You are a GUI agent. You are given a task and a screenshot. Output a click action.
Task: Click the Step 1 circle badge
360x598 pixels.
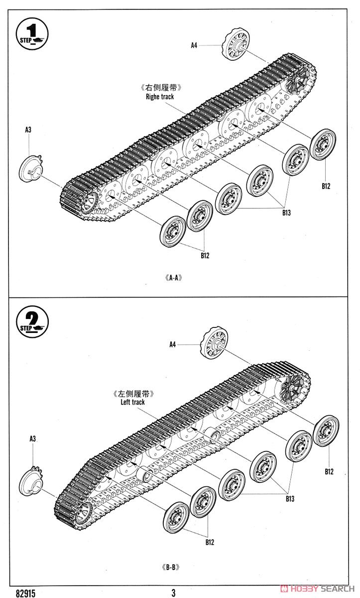click(32, 34)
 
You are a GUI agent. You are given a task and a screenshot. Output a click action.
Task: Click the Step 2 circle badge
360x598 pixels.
click(32, 322)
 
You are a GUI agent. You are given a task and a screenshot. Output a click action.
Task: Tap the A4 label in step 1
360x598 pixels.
click(194, 45)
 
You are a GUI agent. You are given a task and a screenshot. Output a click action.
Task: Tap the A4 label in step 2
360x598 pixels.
click(173, 344)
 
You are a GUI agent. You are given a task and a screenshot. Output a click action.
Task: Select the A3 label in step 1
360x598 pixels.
click(28, 130)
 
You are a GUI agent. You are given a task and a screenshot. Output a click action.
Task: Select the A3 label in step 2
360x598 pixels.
click(32, 439)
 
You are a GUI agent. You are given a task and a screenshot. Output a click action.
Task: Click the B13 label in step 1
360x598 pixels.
click(286, 213)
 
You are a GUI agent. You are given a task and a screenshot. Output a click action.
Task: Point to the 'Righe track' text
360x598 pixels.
click(160, 97)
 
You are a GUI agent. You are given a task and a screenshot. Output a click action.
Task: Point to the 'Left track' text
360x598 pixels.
click(132, 402)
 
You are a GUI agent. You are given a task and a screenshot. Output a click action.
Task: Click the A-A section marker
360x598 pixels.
click(174, 278)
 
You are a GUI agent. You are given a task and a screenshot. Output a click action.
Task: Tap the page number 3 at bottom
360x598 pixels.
click(173, 593)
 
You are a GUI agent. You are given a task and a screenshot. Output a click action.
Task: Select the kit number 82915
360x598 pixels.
click(25, 593)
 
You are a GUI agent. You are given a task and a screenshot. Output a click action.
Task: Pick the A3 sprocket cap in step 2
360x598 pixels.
click(32, 480)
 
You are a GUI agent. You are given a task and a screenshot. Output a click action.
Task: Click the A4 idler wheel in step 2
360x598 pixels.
click(214, 342)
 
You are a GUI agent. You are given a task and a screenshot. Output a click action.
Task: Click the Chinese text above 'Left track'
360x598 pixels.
click(133, 394)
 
